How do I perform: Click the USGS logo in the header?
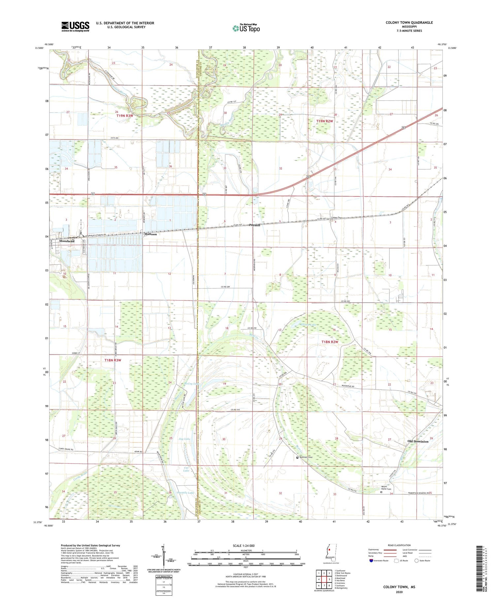(75, 26)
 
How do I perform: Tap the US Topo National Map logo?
(246, 28)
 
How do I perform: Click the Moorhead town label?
(67, 241)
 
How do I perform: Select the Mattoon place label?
(150, 234)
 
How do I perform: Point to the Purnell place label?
(254, 225)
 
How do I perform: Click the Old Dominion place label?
(418, 441)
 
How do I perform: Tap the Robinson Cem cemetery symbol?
(297, 458)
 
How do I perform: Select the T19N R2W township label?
(325, 121)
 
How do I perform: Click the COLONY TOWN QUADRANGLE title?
(409, 22)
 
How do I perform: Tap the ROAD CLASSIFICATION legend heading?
(399, 545)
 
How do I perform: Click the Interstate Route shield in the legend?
(371, 561)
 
